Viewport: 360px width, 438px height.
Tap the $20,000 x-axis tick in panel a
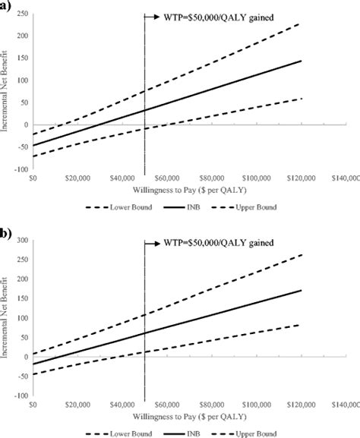(77, 178)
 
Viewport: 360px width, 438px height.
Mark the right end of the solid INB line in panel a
(301, 61)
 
